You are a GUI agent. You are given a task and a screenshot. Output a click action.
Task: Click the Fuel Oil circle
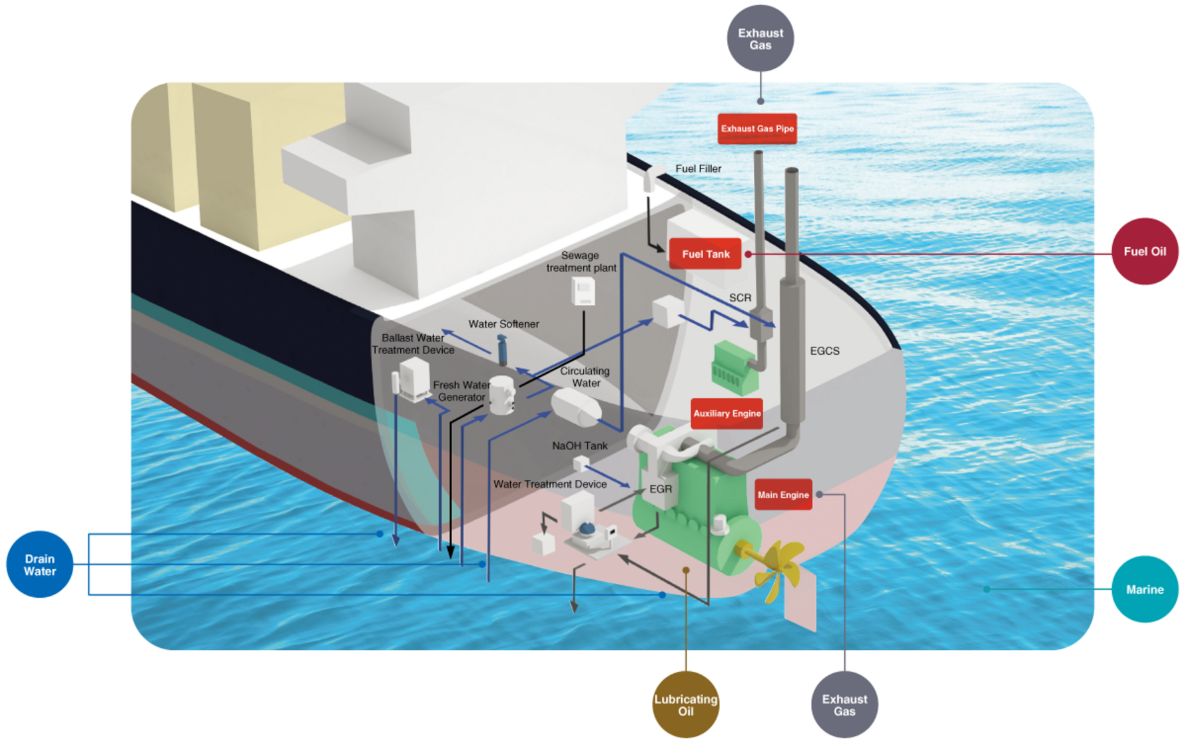pos(1144,252)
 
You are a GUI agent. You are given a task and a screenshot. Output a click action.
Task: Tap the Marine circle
pos(1144,589)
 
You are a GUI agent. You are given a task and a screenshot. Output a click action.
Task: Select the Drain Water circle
pos(40,565)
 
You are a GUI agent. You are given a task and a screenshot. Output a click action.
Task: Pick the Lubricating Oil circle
pos(685,704)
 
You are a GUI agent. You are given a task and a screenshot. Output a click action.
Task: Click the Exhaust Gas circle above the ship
pos(760,39)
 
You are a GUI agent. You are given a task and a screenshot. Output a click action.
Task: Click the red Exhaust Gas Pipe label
pos(757,128)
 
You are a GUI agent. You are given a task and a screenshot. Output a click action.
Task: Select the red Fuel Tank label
pos(705,254)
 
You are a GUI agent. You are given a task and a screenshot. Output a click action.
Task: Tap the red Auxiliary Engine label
pos(727,413)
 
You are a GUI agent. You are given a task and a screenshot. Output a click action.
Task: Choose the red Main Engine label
pos(783,495)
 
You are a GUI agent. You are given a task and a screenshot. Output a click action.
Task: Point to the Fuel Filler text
pos(698,168)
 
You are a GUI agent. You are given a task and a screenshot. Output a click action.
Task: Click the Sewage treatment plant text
pos(581,262)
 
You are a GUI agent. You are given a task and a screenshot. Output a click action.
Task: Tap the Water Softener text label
pos(503,324)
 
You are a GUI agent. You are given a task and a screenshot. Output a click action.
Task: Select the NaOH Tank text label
pos(579,445)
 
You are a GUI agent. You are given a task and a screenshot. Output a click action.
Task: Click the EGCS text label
pos(824,351)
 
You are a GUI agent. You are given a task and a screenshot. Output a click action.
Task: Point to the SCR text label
pos(740,298)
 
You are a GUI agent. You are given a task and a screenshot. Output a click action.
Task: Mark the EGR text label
pos(660,489)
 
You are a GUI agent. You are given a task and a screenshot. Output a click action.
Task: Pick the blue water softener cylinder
pos(502,350)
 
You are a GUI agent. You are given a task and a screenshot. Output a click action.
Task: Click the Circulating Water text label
pos(585,377)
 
